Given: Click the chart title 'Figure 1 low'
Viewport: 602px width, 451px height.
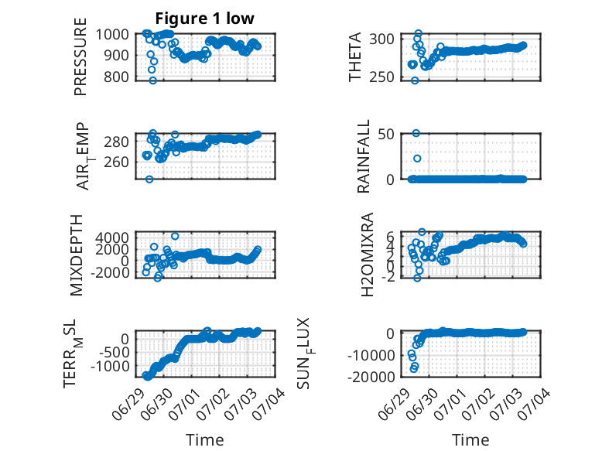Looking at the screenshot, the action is pyautogui.click(x=204, y=19).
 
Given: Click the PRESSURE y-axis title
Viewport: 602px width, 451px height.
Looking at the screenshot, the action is pyautogui.click(x=80, y=56).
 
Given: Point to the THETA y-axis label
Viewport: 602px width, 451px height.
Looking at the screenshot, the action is pyautogui.click(x=355, y=56).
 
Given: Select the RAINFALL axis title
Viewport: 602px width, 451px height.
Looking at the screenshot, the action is pyautogui.click(x=363, y=156).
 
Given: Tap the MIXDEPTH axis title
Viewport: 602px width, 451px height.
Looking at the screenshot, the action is pyautogui.click(x=77, y=255).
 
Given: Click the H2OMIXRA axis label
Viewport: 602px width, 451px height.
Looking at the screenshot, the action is pyautogui.click(x=368, y=255).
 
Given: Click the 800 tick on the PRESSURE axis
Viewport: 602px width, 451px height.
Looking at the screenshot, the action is pyautogui.click(x=118, y=77).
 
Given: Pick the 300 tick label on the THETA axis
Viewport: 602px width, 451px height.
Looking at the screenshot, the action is pyautogui.click(x=381, y=39).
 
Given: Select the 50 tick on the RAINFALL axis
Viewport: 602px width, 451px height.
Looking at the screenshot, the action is pyautogui.click(x=387, y=134).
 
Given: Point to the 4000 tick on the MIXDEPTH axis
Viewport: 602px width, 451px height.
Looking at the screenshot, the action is pyautogui.click(x=113, y=237).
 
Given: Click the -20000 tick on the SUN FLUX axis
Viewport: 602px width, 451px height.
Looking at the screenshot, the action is pyautogui.click(x=371, y=377).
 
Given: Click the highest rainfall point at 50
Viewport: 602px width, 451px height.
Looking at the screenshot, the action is pyautogui.click(x=416, y=133).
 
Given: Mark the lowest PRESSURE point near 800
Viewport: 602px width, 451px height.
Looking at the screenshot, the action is pyautogui.click(x=152, y=80).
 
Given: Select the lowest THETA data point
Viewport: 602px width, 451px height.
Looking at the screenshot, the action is pyautogui.click(x=415, y=80).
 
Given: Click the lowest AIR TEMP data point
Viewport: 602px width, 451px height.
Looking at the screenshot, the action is pyautogui.click(x=149, y=179).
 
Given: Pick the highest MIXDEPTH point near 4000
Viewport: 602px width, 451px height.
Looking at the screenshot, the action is pyautogui.click(x=175, y=236).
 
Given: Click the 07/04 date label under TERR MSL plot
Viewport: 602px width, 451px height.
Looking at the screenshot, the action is pyautogui.click(x=273, y=400).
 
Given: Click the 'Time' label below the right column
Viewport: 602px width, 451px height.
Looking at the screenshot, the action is pyautogui.click(x=470, y=440).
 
